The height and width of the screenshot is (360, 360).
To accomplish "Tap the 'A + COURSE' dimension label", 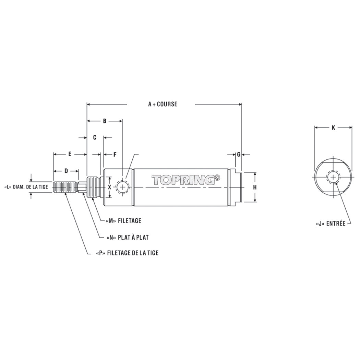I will point(163,104).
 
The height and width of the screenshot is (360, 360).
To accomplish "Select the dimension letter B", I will point(105,121).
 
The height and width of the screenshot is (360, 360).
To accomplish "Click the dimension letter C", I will point(95,137).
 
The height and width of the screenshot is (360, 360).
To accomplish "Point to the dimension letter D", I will point(67,170).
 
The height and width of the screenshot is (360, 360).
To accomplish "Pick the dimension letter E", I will point(70,154).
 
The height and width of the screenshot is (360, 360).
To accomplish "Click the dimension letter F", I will point(115,154).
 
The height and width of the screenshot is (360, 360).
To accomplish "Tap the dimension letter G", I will point(239,154).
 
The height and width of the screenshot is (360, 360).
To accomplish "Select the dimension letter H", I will point(255,187).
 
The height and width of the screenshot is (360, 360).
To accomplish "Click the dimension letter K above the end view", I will point(333,128).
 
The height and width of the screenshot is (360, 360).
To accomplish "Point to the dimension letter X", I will point(109,187).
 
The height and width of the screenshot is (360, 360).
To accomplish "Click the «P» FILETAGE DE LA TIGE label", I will point(127,253).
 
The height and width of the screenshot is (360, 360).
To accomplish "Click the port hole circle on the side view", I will point(122,187).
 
